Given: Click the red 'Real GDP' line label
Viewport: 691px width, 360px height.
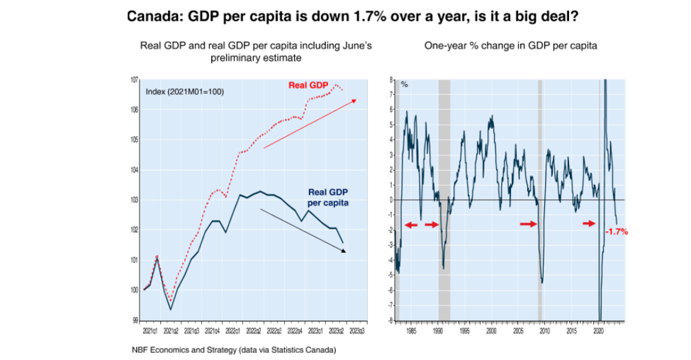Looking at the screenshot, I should [x=308, y=86].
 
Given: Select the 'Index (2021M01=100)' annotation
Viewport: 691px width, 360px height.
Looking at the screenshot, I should [x=184, y=91].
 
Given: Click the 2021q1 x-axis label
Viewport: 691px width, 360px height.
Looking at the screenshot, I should [x=150, y=330].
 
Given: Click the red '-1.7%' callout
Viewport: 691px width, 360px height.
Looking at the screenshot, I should [x=617, y=231].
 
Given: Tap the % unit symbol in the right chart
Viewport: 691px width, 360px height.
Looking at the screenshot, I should [x=405, y=84].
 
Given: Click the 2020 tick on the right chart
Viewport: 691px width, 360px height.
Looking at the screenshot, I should [x=598, y=330].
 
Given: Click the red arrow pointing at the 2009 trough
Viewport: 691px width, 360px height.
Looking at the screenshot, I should [x=529, y=223].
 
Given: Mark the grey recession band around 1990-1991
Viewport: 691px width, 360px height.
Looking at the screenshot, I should [x=444, y=198].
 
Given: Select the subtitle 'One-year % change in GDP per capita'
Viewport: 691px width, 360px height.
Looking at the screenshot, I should [x=510, y=45].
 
